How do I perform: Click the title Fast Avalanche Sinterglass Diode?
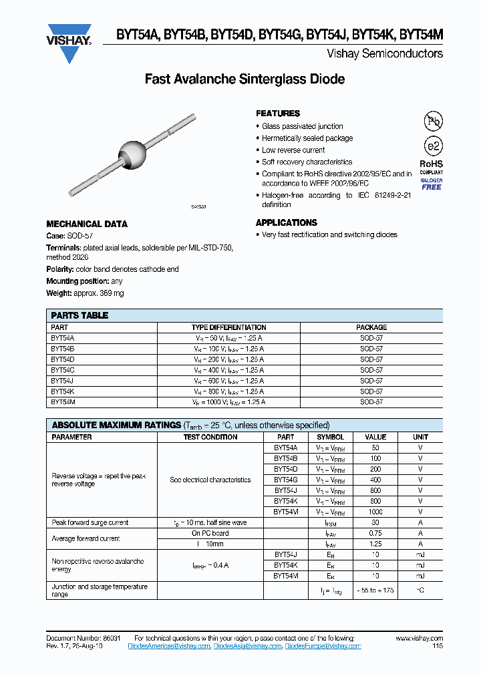(x=245, y=79)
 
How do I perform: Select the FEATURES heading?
(x=278, y=114)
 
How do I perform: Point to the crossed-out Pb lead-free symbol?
(x=433, y=121)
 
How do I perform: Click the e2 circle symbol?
(x=433, y=147)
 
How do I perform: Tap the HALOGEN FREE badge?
(x=432, y=184)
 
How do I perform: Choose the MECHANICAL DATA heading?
(x=87, y=224)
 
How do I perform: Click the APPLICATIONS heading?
(x=287, y=222)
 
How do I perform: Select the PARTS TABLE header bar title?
(x=79, y=315)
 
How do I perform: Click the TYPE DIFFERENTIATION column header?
(x=228, y=327)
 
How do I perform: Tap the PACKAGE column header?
(x=371, y=327)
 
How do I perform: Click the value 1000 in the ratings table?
(x=375, y=512)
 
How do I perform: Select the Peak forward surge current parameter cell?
(x=90, y=522)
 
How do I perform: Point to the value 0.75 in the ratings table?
(x=375, y=533)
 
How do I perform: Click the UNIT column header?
(x=421, y=437)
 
